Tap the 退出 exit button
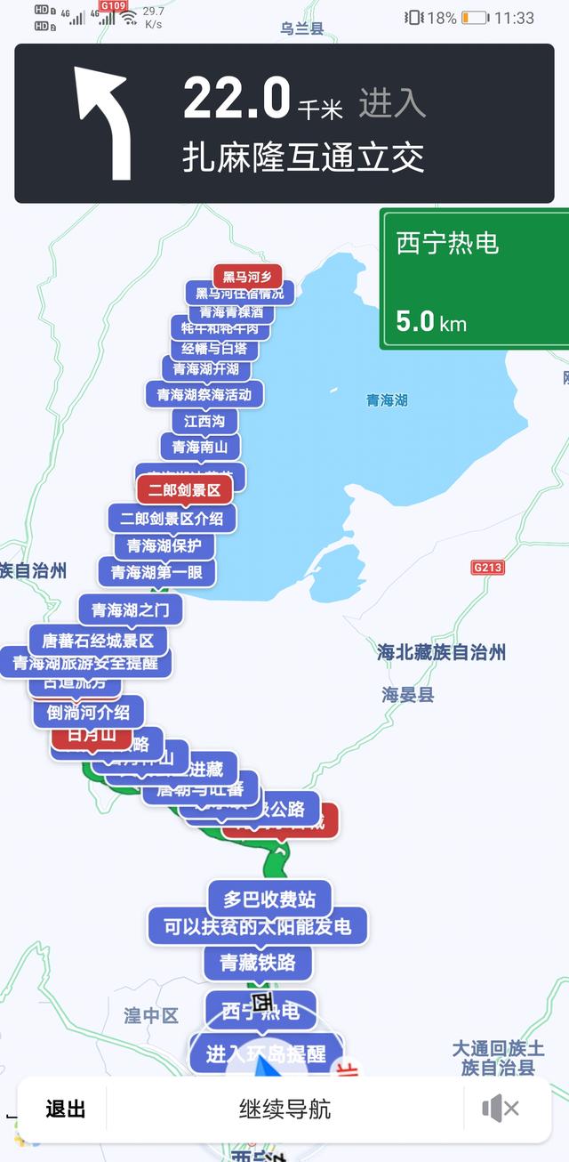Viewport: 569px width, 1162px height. coord(66,1109)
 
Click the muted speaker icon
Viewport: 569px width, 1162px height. coord(501,1109)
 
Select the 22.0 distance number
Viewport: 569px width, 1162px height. coord(236,98)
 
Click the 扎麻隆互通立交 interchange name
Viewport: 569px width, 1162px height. coord(303,158)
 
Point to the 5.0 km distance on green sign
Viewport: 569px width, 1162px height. coord(431,321)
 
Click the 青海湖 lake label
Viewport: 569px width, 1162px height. coord(387,400)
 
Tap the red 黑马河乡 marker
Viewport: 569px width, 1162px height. coord(247,276)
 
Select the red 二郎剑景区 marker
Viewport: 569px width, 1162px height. coord(184,489)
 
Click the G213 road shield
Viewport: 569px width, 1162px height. coord(487,567)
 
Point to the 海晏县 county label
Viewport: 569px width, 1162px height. coord(408,695)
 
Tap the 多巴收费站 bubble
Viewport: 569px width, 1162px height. coord(269,898)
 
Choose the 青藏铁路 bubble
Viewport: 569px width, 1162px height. coord(258,962)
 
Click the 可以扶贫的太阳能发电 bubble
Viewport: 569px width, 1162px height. coord(258,927)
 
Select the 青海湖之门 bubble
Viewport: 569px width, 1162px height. coord(131,609)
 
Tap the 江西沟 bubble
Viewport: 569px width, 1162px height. coord(204,420)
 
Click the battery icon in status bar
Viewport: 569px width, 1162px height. coord(475,18)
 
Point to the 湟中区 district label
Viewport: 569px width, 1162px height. coord(151,1015)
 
